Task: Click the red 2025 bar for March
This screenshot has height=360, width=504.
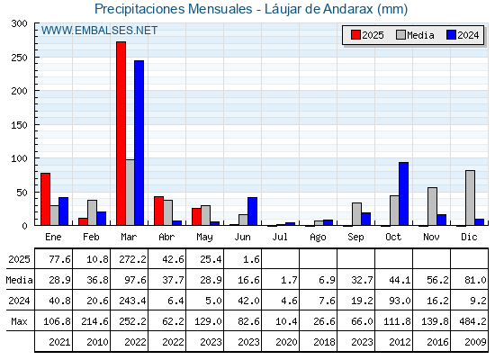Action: tap(121, 133)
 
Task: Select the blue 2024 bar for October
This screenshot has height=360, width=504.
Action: tap(404, 193)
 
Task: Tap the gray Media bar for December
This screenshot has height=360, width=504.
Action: tap(470, 198)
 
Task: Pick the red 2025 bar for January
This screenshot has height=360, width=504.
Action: tap(45, 199)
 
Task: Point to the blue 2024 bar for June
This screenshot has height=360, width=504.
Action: tap(252, 211)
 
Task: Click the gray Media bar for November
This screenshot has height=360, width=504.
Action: tap(432, 206)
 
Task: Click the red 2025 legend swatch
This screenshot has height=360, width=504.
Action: tap(355, 35)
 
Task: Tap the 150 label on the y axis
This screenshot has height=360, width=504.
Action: tap(20, 125)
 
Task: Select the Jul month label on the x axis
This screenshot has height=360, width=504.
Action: tap(280, 238)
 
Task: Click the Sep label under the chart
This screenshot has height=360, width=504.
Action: tap(355, 238)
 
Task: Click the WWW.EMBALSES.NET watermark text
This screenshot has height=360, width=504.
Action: tap(99, 31)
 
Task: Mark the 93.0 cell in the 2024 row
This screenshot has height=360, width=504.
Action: tap(400, 301)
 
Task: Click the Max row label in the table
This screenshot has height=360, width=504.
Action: tap(19, 321)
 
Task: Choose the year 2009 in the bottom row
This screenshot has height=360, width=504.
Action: tap(475, 342)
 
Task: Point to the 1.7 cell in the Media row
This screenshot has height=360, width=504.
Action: tap(289, 280)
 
